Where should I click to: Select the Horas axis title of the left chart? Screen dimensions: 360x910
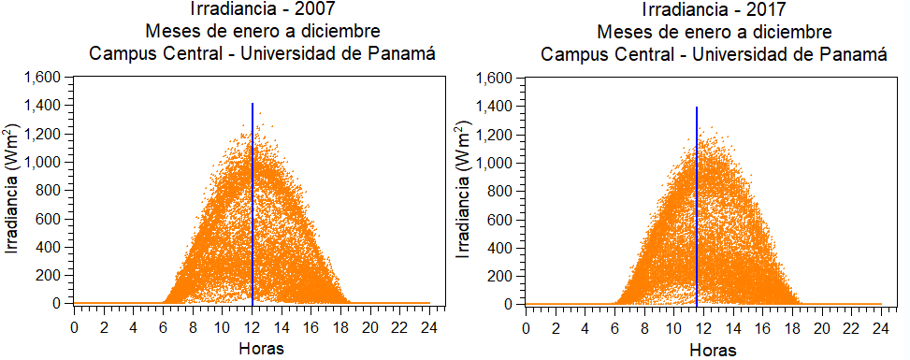[253, 349]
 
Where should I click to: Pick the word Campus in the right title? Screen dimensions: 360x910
[571, 52]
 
